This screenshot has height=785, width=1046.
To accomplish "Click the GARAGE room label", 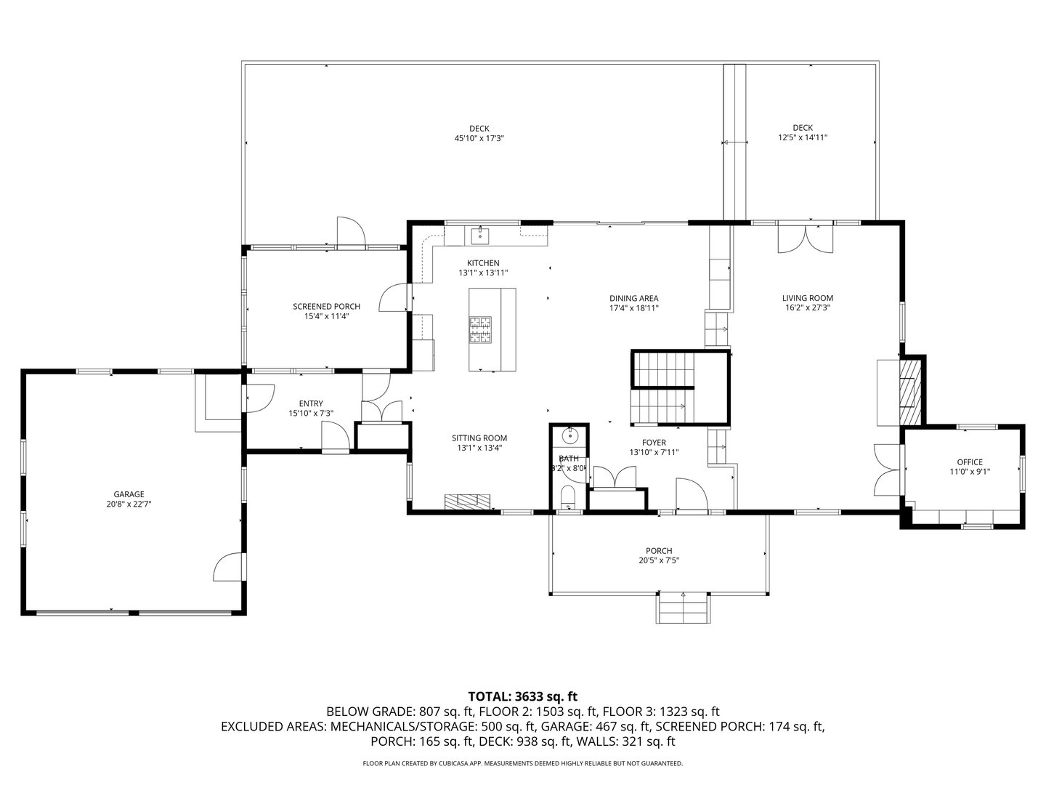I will [x=128, y=494].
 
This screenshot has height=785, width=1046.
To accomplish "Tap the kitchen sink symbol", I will [x=480, y=235].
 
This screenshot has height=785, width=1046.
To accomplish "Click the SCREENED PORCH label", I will [x=326, y=307].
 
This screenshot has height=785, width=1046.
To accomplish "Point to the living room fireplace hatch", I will [x=909, y=392].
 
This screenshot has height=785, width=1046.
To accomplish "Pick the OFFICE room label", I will [x=969, y=462].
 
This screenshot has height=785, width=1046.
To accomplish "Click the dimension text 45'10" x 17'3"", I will [x=479, y=137].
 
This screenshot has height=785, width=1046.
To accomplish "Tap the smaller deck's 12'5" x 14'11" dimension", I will [x=803, y=137].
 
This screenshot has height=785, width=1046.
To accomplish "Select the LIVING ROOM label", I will [x=807, y=298].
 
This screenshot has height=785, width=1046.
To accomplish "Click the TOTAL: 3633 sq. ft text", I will [x=523, y=696].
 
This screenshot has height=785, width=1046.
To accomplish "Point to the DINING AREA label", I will [x=633, y=298].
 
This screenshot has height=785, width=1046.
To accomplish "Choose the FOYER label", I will [x=654, y=443].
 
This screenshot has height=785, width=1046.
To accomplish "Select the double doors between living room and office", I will [x=888, y=470].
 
